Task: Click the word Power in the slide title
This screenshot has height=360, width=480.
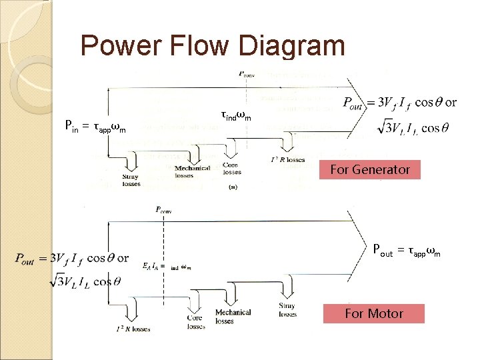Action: pyautogui.click(x=120, y=46)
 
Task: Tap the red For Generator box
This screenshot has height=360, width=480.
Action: pyautogui.click(x=370, y=169)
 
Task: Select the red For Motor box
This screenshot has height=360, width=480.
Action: pyautogui.click(x=373, y=313)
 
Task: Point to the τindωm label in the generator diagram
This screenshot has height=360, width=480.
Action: pyautogui.click(x=235, y=116)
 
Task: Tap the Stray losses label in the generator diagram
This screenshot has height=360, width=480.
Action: pyautogui.click(x=131, y=180)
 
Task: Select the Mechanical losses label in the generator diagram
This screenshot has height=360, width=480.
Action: pyautogui.click(x=193, y=172)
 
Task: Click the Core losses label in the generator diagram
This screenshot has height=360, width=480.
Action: pyautogui.click(x=231, y=168)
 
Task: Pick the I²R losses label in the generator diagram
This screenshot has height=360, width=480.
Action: pyautogui.click(x=288, y=160)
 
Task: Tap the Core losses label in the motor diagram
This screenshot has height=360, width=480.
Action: pyautogui.click(x=195, y=322)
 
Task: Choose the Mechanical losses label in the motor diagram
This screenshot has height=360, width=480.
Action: pyautogui.click(x=233, y=316)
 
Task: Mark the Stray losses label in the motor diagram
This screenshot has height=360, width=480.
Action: pyautogui.click(x=288, y=310)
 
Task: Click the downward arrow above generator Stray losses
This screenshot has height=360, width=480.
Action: pyautogui.click(x=130, y=160)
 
